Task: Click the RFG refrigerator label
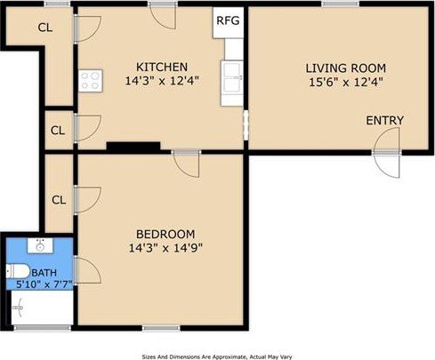pos(228,20)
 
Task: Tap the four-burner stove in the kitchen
pos(91,81)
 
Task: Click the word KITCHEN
pos(162,67)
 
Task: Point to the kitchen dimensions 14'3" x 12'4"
pos(162,81)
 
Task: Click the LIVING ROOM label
pos(346,68)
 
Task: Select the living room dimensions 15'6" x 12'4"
pos(346,82)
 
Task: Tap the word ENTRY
pos(385,120)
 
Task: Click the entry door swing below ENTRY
pos(386,153)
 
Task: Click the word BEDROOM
pos(165,234)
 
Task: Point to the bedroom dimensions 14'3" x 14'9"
pos(165,248)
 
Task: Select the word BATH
pos(44,273)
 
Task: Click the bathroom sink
pos(40,245)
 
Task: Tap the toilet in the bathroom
pos(18,271)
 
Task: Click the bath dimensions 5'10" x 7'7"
pos(44,284)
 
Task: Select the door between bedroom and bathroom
pos(87,270)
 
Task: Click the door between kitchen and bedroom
pos(186,164)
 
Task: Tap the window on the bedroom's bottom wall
pos(161,328)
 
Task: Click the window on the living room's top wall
pos(341,4)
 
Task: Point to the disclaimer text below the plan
pos(217,356)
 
